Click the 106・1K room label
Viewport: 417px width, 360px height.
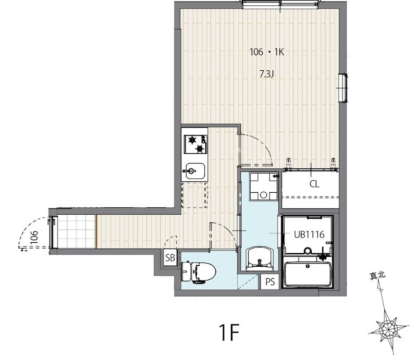[x=267, y=52]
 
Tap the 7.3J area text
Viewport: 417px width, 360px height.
[x=266, y=73]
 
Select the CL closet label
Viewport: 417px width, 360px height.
[x=314, y=184]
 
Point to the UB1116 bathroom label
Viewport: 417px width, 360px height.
[x=309, y=234]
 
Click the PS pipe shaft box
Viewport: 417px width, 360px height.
[x=270, y=281]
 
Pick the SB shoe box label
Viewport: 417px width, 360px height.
[x=170, y=258]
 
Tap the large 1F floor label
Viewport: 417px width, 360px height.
[x=229, y=332]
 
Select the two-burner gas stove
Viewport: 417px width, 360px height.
[x=196, y=144]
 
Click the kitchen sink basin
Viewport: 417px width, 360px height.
[x=195, y=171]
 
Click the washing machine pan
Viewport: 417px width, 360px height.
[x=263, y=187]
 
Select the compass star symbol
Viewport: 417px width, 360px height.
[x=388, y=329]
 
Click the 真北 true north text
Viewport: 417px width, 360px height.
[x=377, y=276]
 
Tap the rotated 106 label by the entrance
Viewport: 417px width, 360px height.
[x=34, y=237]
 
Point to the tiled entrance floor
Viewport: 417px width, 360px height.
[x=76, y=231]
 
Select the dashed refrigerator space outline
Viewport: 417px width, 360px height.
[x=194, y=195]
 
